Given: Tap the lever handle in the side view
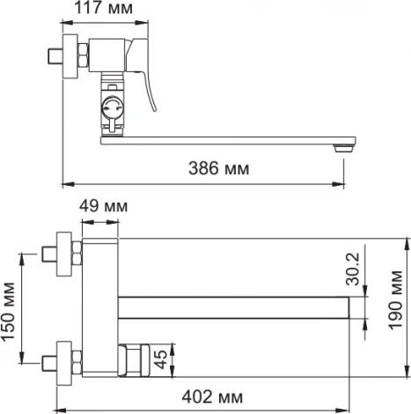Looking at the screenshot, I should click(149, 83).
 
